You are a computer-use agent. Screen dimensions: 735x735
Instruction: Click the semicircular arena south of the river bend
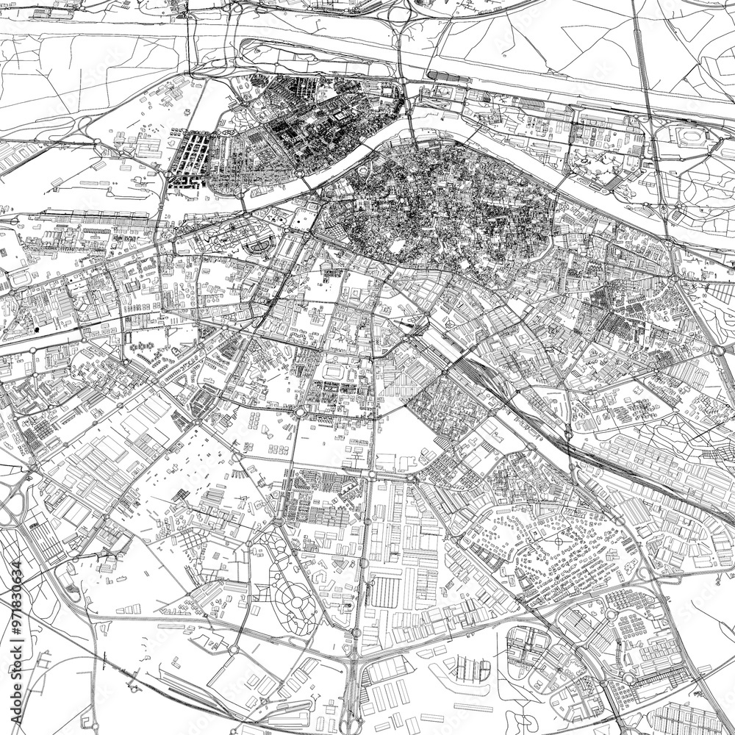[x=259, y=247]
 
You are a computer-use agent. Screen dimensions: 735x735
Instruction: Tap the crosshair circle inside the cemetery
[x=558, y=542]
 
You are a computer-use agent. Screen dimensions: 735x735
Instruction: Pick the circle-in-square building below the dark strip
[x=443, y=92]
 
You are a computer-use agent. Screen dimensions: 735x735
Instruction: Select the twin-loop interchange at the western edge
[x=13, y=507]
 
